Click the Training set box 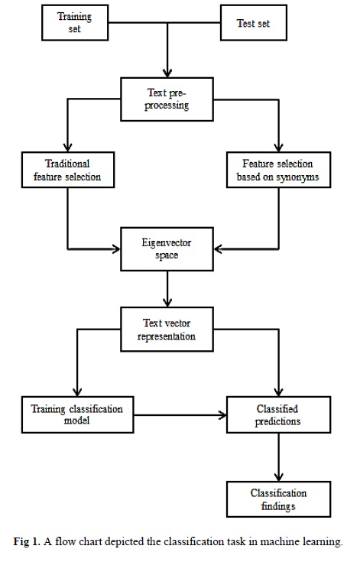pos(75,23)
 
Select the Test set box pos(254,23)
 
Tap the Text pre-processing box pos(167,99)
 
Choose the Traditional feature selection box pos(68,170)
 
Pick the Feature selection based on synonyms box pos(278,170)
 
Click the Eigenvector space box pos(167,249)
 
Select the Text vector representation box pos(167,330)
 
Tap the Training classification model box pos(77,414)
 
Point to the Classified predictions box pos(278,414)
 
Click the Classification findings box pos(278,499)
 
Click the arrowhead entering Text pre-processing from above pos(167,73)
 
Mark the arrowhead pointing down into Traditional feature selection pos(68,148)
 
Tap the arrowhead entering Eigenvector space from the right pos(218,249)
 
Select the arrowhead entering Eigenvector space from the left pos(116,249)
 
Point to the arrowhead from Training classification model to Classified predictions pos(222,415)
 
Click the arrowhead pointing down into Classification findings pos(279,476)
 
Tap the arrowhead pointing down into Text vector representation pos(167,303)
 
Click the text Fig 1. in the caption pos(27,541)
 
